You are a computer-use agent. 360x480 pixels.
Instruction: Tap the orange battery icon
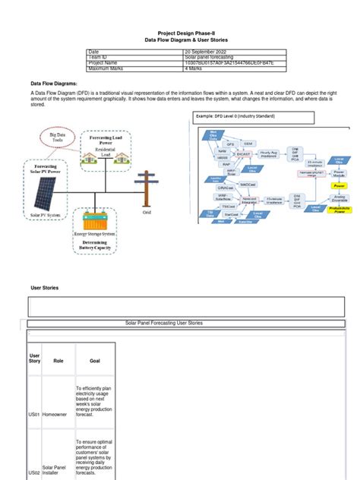click(96, 221)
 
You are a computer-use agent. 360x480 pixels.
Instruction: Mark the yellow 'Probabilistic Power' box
click(339, 209)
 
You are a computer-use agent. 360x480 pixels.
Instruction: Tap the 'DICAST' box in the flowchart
click(244, 153)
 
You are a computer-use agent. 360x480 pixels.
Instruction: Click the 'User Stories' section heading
click(45, 288)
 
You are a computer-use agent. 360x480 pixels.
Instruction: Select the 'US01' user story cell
click(34, 415)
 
